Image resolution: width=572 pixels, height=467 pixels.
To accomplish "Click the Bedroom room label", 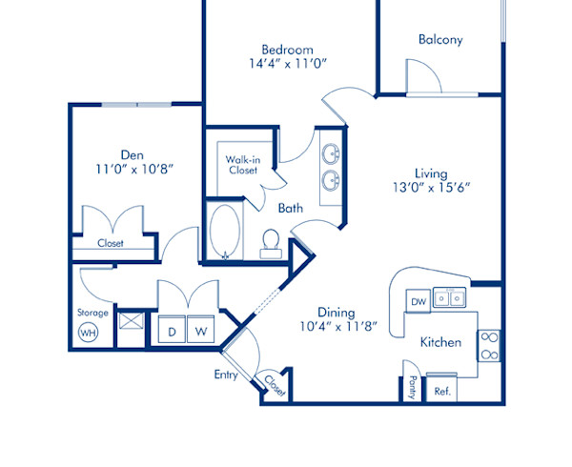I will [289, 50].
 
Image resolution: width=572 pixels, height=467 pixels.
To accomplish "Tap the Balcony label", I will [439, 40].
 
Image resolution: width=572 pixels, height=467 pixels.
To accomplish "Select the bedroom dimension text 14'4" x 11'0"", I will [289, 66].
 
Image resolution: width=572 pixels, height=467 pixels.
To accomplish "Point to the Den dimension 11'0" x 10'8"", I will [133, 170].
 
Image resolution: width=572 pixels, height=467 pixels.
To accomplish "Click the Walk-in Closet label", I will [242, 165].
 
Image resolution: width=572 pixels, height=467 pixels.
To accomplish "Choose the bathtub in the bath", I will [225, 232].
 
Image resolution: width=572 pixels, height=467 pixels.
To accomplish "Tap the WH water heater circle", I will [88, 333].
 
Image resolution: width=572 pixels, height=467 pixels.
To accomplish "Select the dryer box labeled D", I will [173, 332].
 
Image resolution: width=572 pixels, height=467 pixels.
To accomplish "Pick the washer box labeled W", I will [201, 332].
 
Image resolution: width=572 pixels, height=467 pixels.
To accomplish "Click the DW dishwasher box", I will [418, 302].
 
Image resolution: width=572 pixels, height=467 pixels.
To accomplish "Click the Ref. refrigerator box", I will [442, 391].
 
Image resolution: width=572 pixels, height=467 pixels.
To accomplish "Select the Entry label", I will [225, 375].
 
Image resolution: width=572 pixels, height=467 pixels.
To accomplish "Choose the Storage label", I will [92, 312].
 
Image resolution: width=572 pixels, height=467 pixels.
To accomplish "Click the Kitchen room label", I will [440, 342].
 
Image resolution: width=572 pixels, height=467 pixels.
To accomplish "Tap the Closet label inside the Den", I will [111, 243].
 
